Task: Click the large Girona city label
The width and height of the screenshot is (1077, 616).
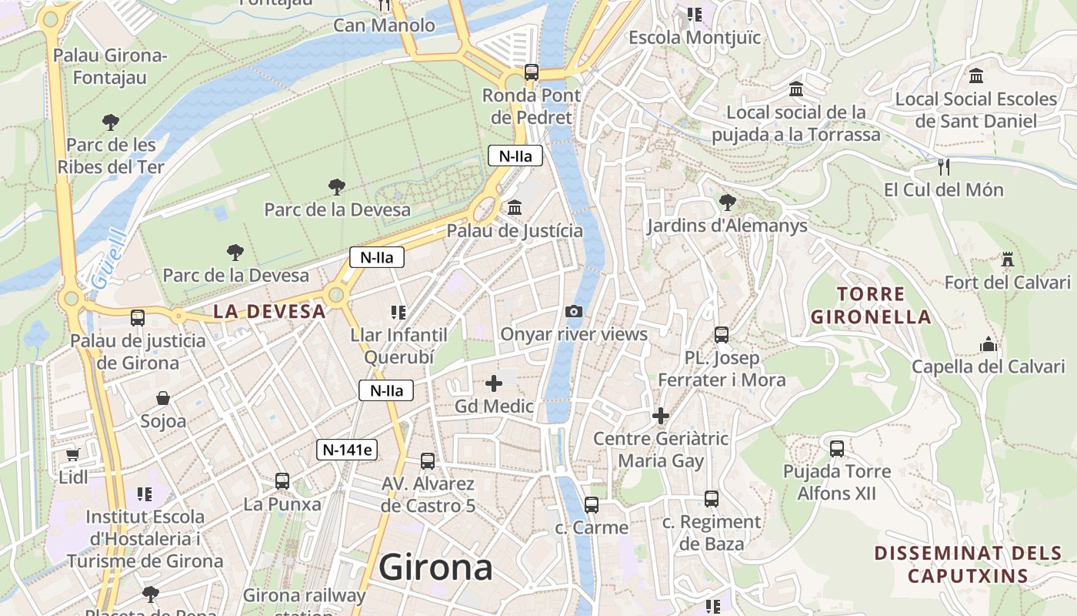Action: [435, 568]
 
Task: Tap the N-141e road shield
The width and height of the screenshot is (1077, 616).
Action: [348, 450]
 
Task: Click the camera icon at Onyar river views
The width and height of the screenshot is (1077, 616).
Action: [573, 311]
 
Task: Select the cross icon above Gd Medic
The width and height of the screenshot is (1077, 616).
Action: [494, 383]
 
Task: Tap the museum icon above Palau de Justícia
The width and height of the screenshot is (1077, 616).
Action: [515, 208]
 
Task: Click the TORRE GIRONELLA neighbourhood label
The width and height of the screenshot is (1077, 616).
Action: [871, 305]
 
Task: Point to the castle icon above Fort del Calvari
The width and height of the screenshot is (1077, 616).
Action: [1007, 259]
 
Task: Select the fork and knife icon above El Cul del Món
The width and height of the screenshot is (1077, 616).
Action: [944, 166]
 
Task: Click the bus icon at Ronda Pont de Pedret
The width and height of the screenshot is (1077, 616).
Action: [531, 72]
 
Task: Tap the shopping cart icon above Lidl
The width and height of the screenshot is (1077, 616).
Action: [72, 455]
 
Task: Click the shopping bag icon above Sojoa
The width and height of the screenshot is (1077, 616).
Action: [163, 398]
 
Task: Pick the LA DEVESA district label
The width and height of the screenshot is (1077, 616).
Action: [269, 312]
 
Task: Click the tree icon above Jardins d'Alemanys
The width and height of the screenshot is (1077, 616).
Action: [727, 203]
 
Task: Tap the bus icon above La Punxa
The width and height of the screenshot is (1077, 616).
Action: [282, 481]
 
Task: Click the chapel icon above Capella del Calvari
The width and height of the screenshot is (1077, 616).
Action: [989, 344]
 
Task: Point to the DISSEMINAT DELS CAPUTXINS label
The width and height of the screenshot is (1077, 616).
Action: [968, 564]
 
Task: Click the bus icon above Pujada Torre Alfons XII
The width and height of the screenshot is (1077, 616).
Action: [836, 448]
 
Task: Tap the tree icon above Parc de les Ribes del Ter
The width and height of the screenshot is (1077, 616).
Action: [111, 122]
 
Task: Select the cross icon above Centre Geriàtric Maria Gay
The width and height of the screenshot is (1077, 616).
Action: [660, 416]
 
